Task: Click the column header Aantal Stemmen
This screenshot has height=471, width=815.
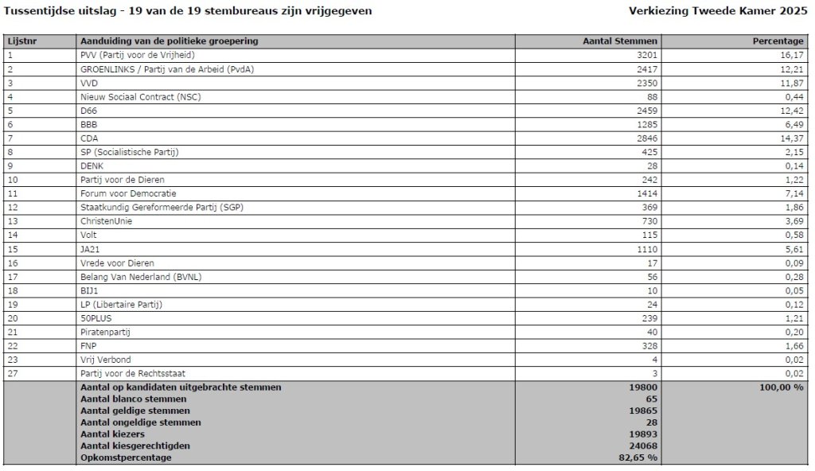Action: pyautogui.click(x=621, y=41)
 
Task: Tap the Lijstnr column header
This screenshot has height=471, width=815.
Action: pyautogui.click(x=21, y=41)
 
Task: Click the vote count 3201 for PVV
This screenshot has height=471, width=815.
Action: pyautogui.click(x=645, y=55)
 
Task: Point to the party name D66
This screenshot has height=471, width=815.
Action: pyautogui.click(x=88, y=110)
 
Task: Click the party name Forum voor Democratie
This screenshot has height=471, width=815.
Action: pyautogui.click(x=128, y=193)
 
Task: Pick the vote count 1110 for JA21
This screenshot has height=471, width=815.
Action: pyautogui.click(x=646, y=249)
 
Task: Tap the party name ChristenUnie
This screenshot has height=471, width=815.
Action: pyautogui.click(x=107, y=221)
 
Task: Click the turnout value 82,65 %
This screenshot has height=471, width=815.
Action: pyautogui.click(x=639, y=457)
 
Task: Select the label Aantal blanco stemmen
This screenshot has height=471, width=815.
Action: pyautogui.click(x=134, y=399)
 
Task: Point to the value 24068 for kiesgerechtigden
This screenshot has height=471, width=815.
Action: pyautogui.click(x=643, y=446)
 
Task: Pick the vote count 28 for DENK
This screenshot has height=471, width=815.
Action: pyautogui.click(x=652, y=165)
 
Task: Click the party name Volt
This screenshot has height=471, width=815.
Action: pyautogui.click(x=89, y=235)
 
